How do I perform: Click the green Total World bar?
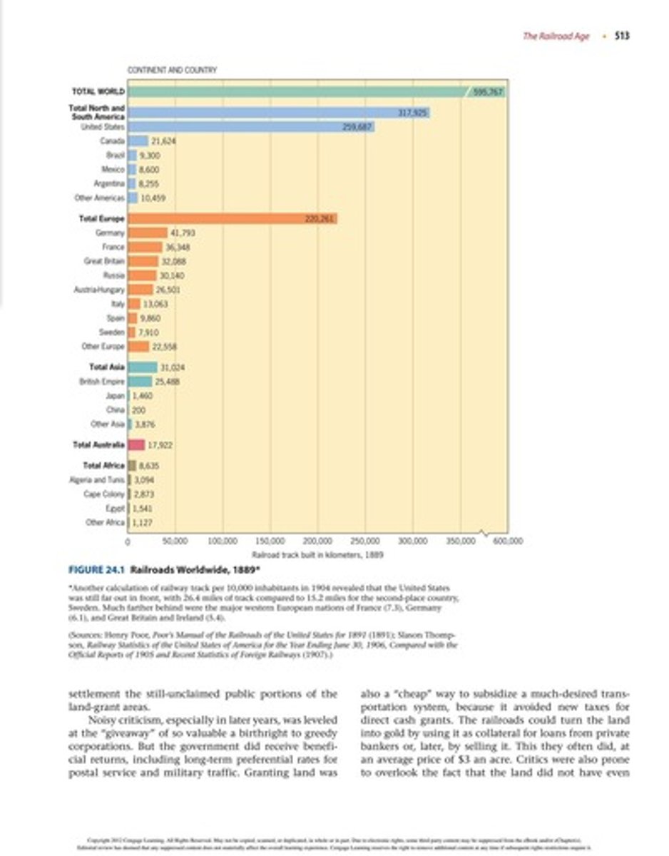coord(300,91)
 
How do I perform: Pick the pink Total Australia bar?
coord(136,444)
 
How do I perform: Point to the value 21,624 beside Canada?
coord(163,141)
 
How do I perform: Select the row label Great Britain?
coord(104,261)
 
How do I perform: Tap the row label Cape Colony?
coord(104,494)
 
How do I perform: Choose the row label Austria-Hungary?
coord(99,290)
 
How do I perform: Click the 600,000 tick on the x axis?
coord(509,542)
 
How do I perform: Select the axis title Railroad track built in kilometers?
coord(318,554)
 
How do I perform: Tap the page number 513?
coord(622,36)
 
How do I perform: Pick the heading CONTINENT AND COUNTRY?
coord(172,70)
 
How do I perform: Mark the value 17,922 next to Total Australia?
coord(161,444)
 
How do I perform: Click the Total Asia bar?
coord(143,367)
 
